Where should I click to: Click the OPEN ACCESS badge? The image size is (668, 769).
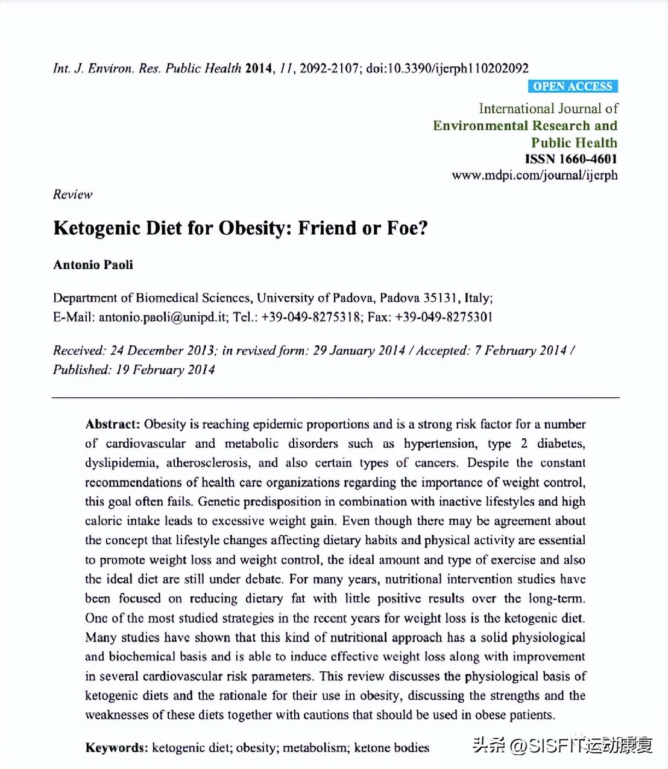coord(572,86)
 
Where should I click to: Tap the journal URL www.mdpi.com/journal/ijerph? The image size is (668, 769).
coord(534,175)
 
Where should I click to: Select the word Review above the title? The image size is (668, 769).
coord(72,194)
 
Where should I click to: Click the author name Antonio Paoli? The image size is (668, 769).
coord(93,264)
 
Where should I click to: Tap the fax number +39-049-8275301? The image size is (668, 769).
coord(444,317)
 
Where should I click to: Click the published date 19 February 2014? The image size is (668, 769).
coord(165,369)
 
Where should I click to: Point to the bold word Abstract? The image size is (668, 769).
coord(112,424)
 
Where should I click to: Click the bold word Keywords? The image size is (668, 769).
coord(116,748)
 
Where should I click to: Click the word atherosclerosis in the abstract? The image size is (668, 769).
coord(207,463)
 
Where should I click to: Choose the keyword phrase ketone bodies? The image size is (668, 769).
coord(391,748)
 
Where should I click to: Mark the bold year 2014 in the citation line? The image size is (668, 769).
coord(259,68)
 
